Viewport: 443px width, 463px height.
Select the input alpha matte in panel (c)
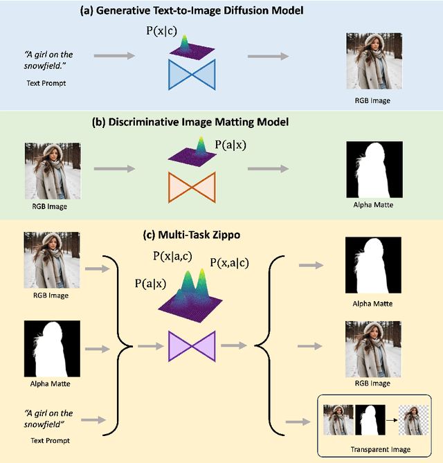[x=53, y=348]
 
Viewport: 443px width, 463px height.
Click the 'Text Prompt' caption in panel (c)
[x=51, y=439]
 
